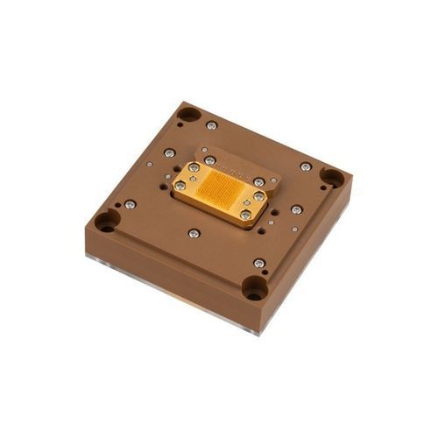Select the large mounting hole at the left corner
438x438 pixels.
pos(107,221)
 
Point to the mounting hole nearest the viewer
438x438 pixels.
pos(254,286)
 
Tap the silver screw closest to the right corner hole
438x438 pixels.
pos(306,166)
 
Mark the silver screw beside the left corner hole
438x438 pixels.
pos(130,204)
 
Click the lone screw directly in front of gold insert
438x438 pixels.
pos(194,233)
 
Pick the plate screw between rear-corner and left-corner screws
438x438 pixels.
pos(169,153)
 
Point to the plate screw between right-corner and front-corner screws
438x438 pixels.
pos(296,209)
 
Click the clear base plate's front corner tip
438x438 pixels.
pos(257,334)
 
